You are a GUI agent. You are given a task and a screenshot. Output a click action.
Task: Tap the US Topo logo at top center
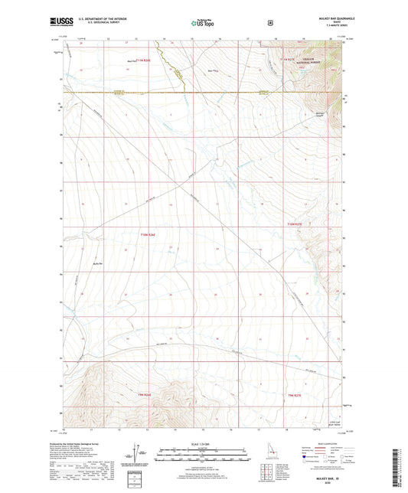tap(203, 24)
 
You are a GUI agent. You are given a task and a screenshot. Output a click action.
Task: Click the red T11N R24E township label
tap(139, 59)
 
